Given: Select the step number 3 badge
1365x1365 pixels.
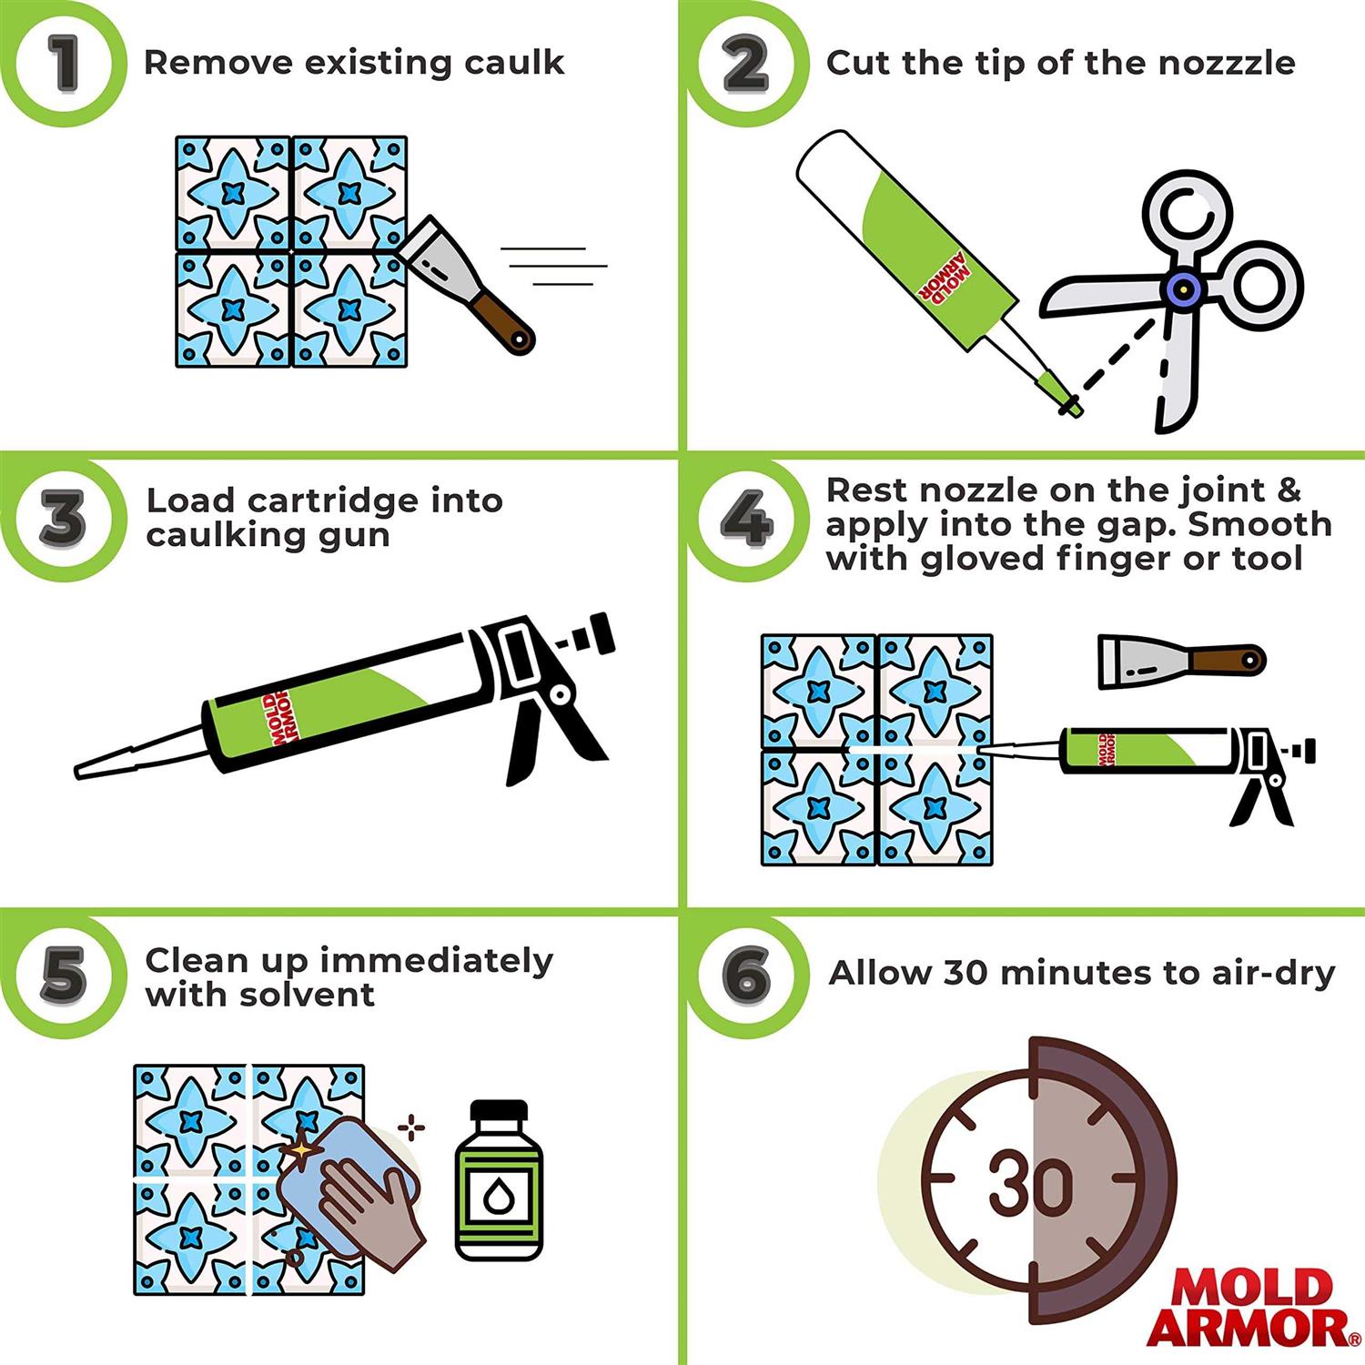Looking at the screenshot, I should pos(62,519).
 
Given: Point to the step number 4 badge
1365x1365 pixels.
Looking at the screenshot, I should pos(746,521).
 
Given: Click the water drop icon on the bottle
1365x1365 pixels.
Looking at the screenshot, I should pos(499,1198).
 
